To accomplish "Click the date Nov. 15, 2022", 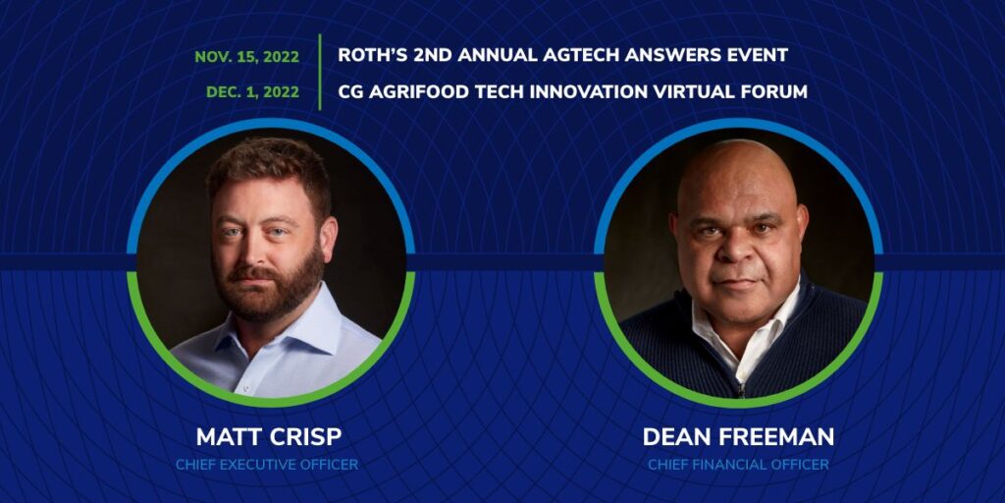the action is click(246, 57).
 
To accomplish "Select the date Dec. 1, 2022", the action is click(252, 92).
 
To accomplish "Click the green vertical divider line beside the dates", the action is click(319, 72).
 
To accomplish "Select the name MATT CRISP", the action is click(269, 436).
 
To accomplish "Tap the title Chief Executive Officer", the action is click(267, 465).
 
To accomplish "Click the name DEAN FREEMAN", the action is click(738, 436).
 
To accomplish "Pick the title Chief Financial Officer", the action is click(738, 465).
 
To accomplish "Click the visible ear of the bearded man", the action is click(328, 238).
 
